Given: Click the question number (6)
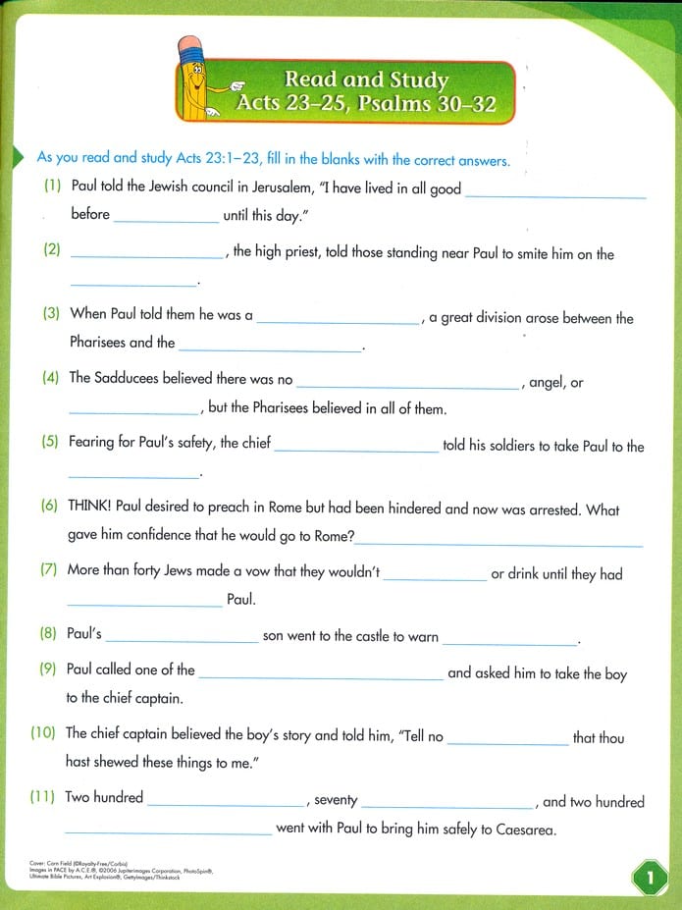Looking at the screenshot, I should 49,508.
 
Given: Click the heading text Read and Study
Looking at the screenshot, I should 365,80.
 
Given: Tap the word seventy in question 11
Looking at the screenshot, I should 337,801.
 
